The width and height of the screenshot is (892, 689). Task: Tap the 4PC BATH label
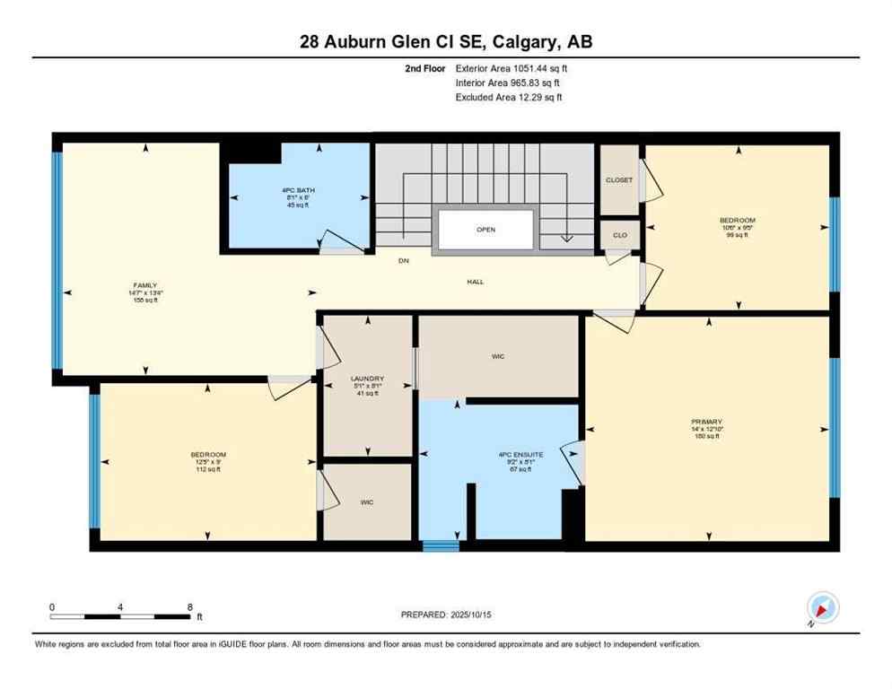pyautogui.click(x=297, y=190)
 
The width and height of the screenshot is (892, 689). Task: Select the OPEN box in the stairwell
pyautogui.click(x=485, y=230)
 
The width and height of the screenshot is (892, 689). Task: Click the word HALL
pyautogui.click(x=475, y=282)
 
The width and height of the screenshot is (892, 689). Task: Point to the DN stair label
pyautogui.click(x=404, y=261)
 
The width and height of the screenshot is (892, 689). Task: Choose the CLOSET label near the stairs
pyautogui.click(x=619, y=180)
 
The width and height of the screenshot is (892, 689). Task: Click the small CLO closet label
pyautogui.click(x=619, y=235)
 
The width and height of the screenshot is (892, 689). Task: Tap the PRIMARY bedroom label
pyautogui.click(x=707, y=422)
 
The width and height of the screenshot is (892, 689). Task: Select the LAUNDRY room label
pyautogui.click(x=367, y=379)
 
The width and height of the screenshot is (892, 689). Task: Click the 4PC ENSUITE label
pyautogui.click(x=520, y=455)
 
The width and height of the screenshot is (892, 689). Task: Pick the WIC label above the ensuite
pyautogui.click(x=499, y=356)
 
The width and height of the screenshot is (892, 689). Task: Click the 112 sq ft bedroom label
pyautogui.click(x=208, y=455)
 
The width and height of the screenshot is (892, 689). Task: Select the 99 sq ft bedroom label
pyautogui.click(x=737, y=221)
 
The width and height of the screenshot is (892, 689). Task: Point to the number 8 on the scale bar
pyautogui.click(x=190, y=607)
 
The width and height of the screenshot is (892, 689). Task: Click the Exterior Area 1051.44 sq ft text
pyautogui.click(x=512, y=68)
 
